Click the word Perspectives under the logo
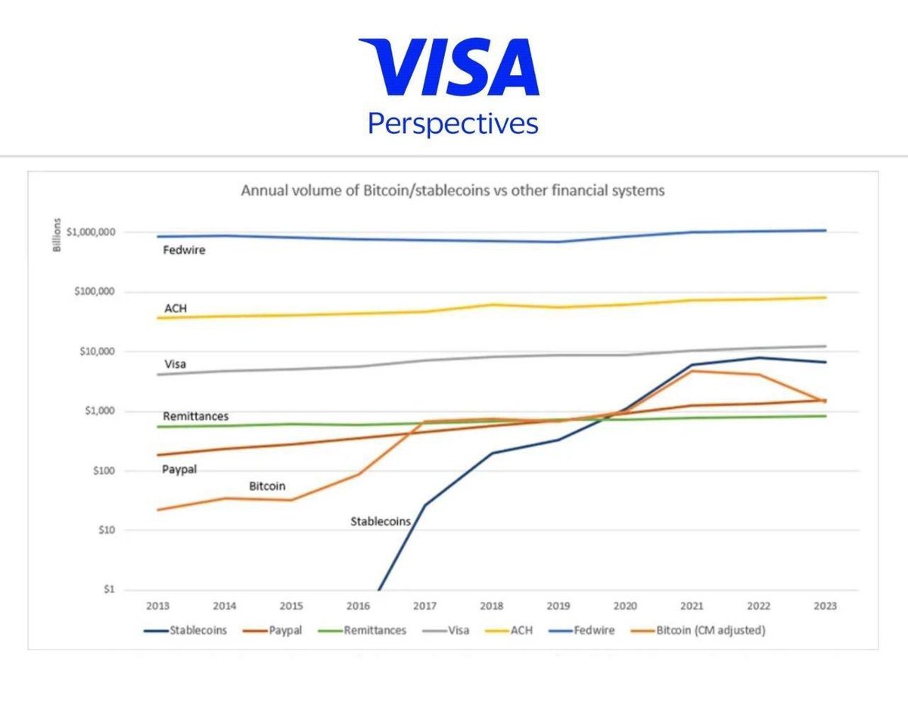(452, 123)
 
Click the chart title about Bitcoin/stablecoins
(452, 191)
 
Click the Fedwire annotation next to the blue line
(184, 250)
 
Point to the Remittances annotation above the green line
(195, 417)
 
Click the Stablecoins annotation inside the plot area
(381, 521)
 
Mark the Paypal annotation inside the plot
(179, 469)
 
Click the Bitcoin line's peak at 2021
(692, 370)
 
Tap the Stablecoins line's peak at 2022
(758, 358)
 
